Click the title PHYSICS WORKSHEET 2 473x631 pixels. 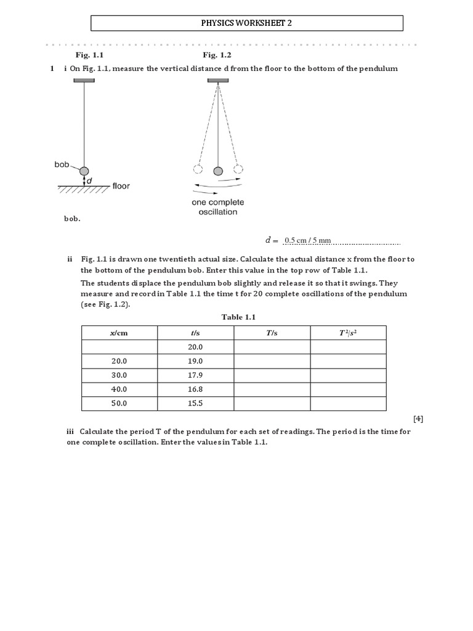tap(247, 23)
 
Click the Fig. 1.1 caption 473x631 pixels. tap(90, 55)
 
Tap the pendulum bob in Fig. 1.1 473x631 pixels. tap(84, 171)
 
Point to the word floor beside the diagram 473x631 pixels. tap(121, 185)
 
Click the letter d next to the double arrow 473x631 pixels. tap(90, 181)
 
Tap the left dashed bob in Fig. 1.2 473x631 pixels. tap(197, 170)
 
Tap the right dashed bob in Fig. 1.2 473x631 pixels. tap(238, 170)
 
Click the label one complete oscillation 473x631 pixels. tap(217, 207)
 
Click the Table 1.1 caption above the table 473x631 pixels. tap(238, 317)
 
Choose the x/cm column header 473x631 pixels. tap(119, 333)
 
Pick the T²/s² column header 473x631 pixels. tap(348, 333)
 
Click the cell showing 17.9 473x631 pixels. tap(195, 375)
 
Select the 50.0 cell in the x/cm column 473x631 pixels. tap(119, 403)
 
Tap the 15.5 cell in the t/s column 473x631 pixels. tap(195, 403)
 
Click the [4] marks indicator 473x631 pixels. tap(418, 419)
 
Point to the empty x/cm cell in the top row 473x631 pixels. tap(119, 347)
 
